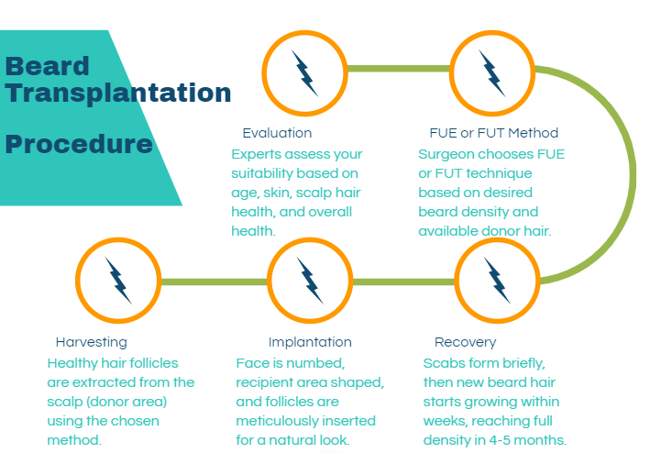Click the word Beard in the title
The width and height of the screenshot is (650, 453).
click(x=48, y=66)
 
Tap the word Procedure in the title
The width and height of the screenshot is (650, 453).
click(x=79, y=144)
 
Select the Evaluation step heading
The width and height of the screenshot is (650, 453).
click(x=277, y=133)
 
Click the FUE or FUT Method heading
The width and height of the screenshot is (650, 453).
click(x=494, y=133)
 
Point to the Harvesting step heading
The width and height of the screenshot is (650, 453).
click(x=91, y=342)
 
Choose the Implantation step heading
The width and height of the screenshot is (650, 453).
click(x=310, y=342)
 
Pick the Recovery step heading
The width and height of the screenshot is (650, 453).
click(x=465, y=342)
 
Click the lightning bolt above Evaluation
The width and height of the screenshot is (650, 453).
click(x=305, y=73)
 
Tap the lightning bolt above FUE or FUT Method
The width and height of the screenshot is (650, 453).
click(x=492, y=73)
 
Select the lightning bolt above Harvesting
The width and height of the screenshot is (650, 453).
click(x=118, y=281)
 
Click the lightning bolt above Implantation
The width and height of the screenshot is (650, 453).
click(x=310, y=281)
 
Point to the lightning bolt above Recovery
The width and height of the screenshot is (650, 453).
click(x=497, y=281)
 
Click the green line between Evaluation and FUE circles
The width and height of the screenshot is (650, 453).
click(x=399, y=69)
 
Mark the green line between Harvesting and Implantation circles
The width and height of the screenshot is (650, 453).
click(x=214, y=282)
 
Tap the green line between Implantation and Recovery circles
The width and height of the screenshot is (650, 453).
click(x=403, y=282)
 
